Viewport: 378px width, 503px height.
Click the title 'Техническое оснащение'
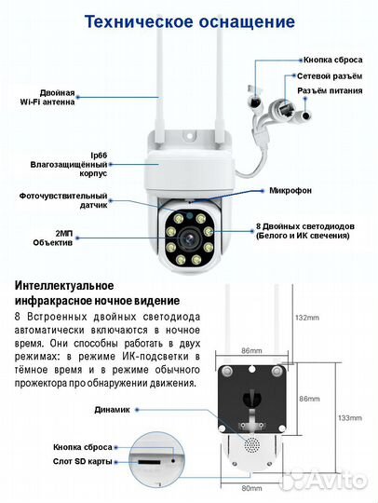pos(189,20)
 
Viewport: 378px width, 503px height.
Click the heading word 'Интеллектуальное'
pos(64,284)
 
